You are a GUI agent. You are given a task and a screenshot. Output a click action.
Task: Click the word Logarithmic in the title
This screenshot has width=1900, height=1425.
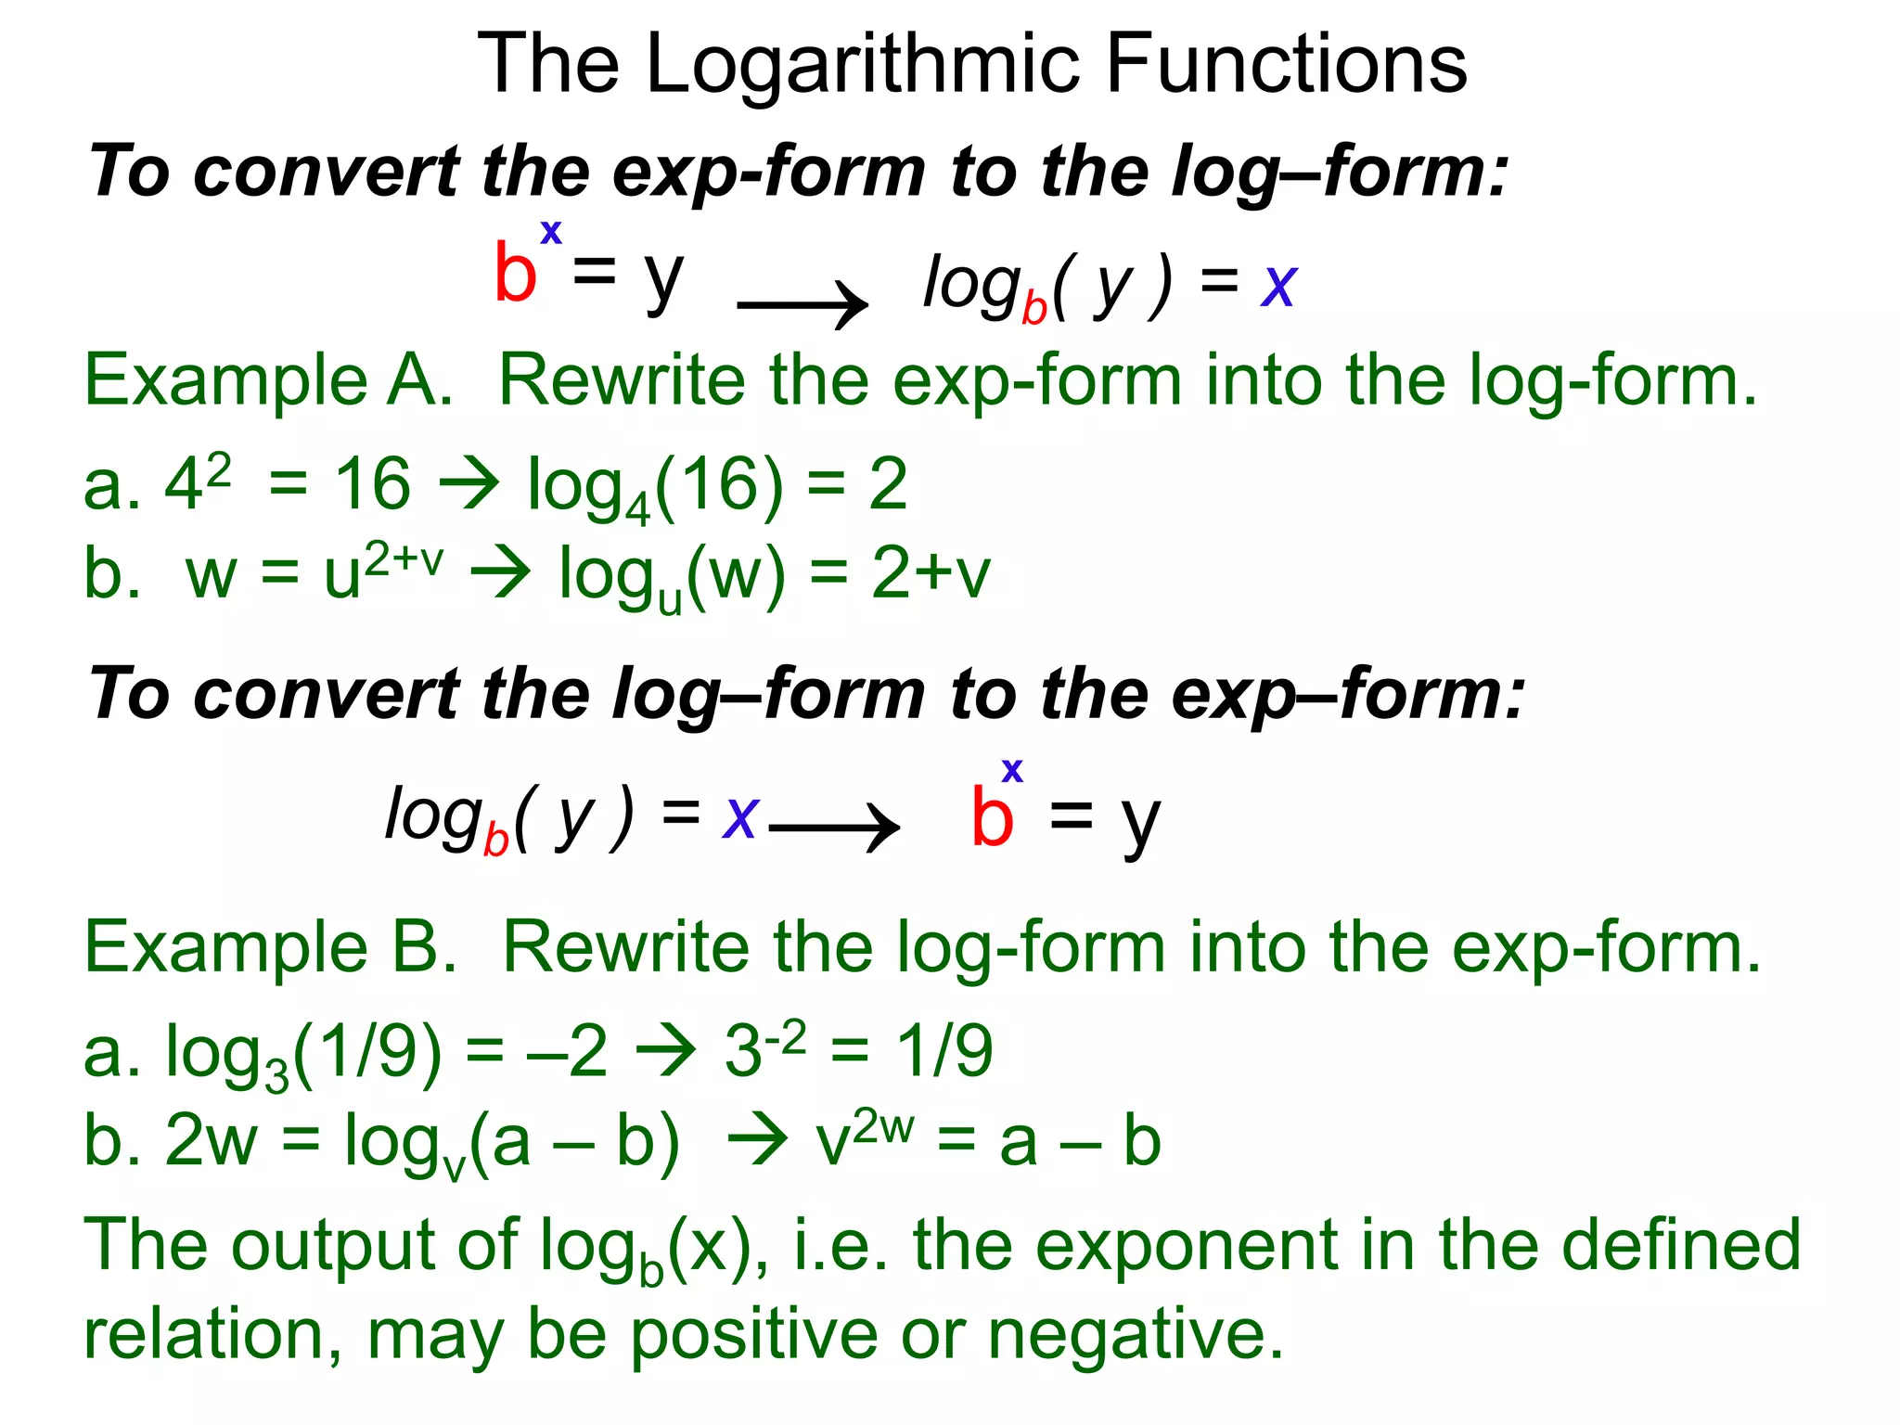click(x=863, y=65)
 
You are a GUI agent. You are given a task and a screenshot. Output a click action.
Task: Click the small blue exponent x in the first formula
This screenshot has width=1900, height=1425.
click(x=551, y=232)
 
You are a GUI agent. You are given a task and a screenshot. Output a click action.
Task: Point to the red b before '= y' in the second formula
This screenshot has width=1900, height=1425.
click(x=991, y=817)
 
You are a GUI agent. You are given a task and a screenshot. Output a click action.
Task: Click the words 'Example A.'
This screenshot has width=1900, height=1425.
click(x=268, y=380)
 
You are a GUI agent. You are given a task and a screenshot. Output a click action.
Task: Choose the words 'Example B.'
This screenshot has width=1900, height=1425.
click(x=270, y=947)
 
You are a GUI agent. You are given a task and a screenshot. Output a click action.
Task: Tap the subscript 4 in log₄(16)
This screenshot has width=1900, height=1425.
click(x=637, y=508)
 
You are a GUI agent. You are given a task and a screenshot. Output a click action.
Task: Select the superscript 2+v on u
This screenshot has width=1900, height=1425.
click(x=404, y=559)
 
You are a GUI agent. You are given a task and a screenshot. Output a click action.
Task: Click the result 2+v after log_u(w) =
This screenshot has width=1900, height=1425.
click(x=931, y=573)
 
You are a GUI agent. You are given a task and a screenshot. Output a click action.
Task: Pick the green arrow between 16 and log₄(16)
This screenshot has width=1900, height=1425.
click(x=469, y=483)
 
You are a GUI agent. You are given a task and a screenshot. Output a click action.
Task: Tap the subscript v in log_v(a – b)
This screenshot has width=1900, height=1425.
click(x=454, y=1166)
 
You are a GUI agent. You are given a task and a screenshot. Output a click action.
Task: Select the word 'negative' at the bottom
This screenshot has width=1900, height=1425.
click(x=1136, y=1334)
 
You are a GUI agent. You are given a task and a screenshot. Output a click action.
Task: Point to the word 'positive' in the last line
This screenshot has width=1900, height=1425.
click(x=754, y=1334)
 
